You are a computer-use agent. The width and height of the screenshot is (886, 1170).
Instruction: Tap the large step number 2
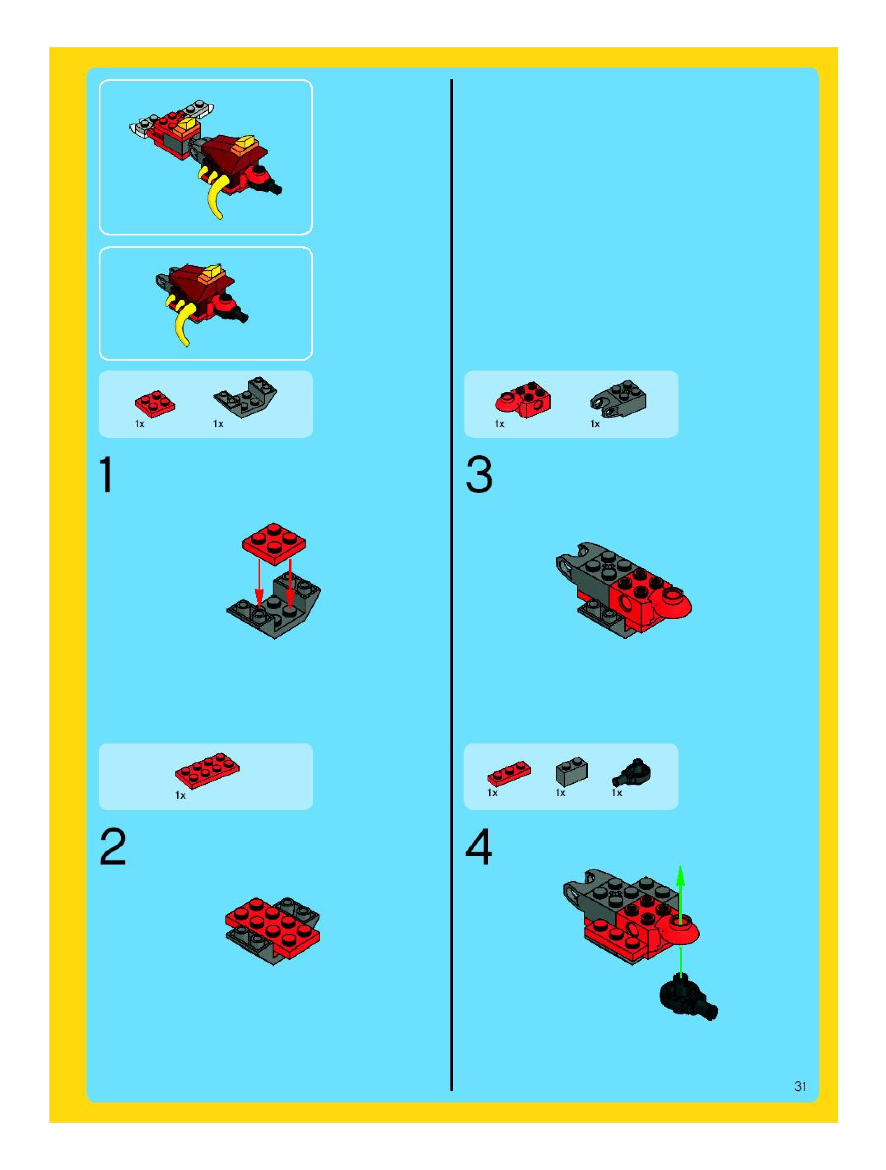click(113, 847)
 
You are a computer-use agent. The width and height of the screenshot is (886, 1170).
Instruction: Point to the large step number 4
click(479, 847)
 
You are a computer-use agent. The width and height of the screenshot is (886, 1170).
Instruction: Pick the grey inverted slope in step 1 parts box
click(245, 397)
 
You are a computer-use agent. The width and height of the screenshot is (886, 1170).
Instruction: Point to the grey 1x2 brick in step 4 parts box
click(571, 771)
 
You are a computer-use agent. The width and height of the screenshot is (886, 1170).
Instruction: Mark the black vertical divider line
click(451, 585)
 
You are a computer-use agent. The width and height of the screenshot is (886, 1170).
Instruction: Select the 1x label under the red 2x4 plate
click(180, 795)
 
